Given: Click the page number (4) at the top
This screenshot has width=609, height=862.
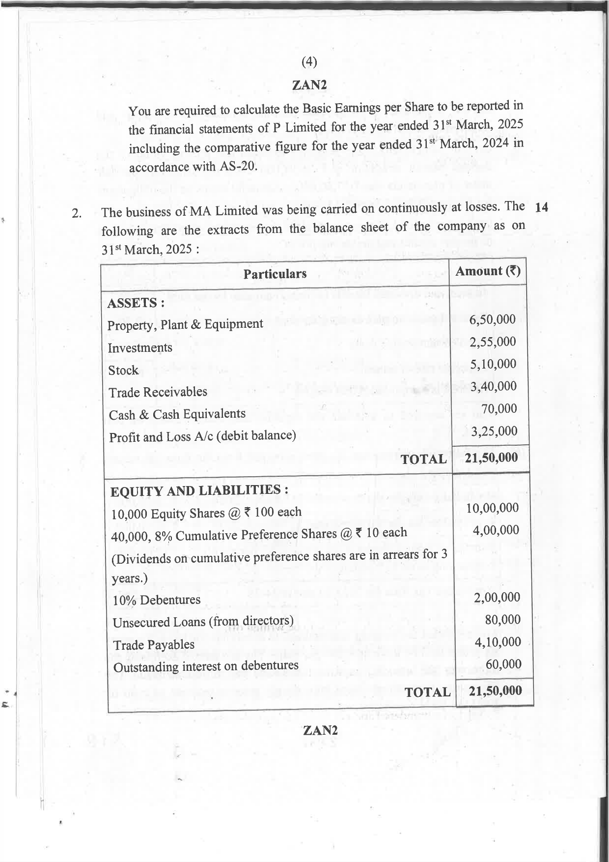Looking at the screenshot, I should pos(309,61).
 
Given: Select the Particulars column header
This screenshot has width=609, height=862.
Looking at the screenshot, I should pos(275,274).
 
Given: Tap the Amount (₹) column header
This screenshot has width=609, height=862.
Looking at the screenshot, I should pos(488,271).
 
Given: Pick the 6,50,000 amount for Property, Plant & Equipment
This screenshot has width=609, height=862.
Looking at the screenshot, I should pos(493,319).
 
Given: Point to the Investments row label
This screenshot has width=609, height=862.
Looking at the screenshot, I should pos(140,348).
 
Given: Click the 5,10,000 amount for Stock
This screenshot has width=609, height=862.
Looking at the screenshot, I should pos(493,364).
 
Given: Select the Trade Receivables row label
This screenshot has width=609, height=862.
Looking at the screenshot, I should pos(158,392).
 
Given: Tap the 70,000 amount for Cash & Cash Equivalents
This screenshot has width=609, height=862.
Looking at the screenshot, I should pos(499,409).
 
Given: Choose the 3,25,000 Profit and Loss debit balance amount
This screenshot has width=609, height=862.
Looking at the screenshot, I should pos(494,431).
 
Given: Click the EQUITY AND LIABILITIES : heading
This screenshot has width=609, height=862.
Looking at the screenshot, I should pos(199,491).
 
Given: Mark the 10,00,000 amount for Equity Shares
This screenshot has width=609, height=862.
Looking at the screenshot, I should pos(492,508).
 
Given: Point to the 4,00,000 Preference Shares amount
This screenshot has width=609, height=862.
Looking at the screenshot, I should pos(496,530).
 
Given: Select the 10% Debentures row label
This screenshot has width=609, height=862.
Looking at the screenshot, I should pos(156,600).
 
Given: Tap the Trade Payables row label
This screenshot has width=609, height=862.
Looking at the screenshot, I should pos(154,645).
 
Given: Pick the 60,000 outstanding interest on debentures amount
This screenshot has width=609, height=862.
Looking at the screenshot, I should pos(503,664).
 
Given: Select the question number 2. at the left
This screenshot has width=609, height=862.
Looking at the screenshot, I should pos(77,214).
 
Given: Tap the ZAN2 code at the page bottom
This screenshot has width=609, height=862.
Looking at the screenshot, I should pos(320,730).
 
